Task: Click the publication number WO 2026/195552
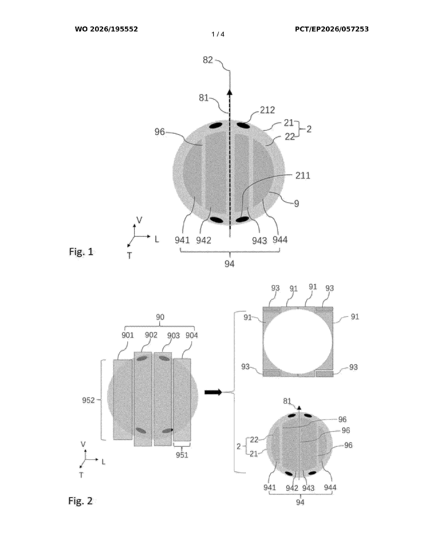[106, 29]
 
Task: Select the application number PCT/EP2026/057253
[332, 29]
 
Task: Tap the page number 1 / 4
[218, 34]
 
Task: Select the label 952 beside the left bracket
[88, 400]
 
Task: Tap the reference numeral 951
[182, 455]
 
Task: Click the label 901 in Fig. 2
[128, 335]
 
